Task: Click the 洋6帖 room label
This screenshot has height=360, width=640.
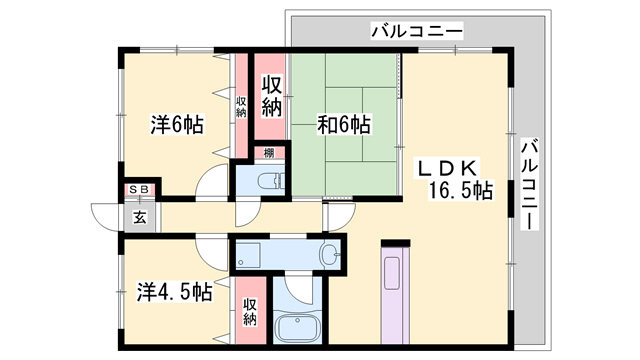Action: click(177, 124)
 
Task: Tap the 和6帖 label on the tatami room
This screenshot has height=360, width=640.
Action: click(344, 124)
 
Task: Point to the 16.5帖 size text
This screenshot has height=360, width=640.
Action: click(461, 190)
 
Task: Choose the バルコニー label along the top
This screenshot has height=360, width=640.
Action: click(417, 31)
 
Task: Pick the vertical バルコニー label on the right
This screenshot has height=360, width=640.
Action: click(529, 184)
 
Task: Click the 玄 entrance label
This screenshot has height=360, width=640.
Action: click(140, 215)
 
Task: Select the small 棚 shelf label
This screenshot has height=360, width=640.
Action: click(270, 152)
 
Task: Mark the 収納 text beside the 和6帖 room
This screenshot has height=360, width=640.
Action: click(270, 94)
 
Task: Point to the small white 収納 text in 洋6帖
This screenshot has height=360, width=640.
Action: click(241, 106)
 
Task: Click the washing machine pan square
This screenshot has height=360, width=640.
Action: click(247, 256)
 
